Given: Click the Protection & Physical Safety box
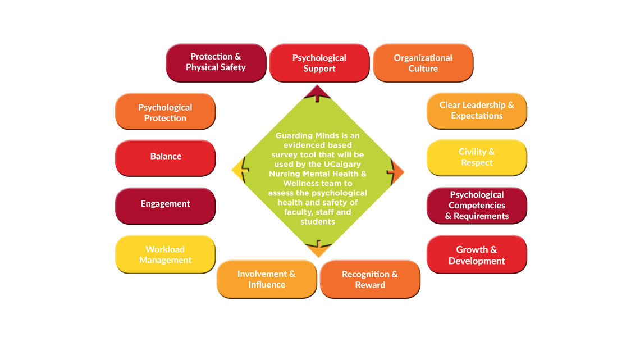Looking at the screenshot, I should coord(216,62).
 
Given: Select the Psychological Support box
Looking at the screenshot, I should coord(319,63).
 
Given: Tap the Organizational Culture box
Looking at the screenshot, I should coord(423,63).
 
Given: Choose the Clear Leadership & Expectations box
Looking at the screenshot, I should coord(477,111).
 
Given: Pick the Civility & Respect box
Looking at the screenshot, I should coord(477,157).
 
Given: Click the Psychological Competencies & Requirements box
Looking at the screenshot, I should coord(477,206).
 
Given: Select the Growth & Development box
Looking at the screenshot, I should coord(477,255).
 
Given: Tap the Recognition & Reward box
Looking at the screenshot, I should coord(369,279).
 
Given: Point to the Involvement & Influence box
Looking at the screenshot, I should coord(266,279).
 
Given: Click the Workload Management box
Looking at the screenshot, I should coord(165,254).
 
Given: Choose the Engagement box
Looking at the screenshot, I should coord(165,204).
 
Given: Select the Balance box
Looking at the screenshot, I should coord(165,157).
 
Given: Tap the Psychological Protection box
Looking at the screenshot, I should coord(165,112).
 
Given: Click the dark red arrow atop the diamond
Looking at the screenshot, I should coord(317,93).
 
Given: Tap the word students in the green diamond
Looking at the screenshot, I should coord(318,221).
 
